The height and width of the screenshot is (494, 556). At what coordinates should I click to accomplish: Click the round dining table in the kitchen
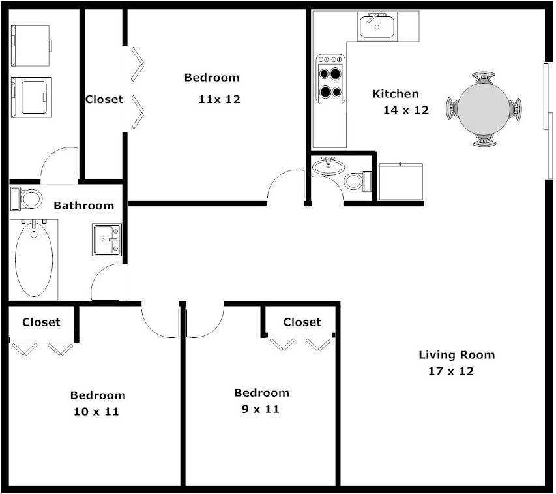(483, 108)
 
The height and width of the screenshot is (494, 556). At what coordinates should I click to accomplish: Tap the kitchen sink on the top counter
(376, 27)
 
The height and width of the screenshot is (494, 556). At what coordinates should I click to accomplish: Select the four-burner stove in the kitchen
(330, 79)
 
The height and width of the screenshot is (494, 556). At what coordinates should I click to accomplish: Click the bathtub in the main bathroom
(34, 257)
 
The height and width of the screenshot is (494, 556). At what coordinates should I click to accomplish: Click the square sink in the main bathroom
(107, 239)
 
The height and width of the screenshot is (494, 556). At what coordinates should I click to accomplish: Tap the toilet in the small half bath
(356, 180)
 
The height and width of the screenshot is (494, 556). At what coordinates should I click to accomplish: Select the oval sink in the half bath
(329, 167)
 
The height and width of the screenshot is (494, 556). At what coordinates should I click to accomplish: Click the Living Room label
(456, 355)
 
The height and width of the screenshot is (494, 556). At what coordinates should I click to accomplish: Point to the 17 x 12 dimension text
(450, 371)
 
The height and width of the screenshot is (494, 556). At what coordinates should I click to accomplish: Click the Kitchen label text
(395, 94)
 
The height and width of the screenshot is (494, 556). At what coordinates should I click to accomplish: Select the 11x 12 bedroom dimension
(219, 100)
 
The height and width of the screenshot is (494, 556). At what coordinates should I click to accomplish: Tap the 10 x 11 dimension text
(96, 412)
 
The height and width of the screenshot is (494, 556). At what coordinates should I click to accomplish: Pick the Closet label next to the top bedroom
(104, 100)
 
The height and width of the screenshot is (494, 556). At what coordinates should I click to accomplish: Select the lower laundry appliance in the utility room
(30, 97)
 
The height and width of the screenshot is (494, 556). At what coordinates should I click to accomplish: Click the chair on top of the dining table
(483, 78)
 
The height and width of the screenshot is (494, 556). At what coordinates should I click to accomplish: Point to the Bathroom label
(83, 206)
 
